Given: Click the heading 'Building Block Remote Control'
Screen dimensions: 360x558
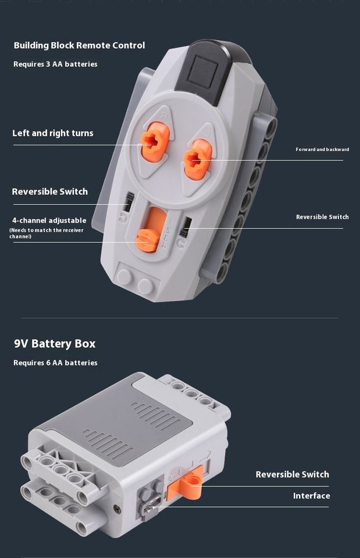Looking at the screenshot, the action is coord(79,45).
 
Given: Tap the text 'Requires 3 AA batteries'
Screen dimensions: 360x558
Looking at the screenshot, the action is coord(55,64).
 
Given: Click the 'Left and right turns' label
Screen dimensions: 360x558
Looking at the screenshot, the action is coord(53,133).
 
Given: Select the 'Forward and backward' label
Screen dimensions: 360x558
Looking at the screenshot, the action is coord(322,149).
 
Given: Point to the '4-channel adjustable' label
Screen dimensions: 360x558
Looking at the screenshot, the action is coord(49,220).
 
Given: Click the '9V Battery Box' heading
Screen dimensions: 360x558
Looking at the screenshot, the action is coord(55,344).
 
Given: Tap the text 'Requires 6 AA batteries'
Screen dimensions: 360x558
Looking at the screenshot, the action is coord(55,363).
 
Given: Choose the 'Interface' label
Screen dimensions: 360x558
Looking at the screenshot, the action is coord(311,496).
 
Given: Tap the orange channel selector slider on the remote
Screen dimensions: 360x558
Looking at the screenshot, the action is coord(149,238).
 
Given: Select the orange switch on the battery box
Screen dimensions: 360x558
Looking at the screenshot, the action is coord(186,482).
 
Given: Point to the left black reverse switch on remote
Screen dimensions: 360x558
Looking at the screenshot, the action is coord(129,201).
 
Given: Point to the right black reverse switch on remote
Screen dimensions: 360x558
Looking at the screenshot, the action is coord(186,227).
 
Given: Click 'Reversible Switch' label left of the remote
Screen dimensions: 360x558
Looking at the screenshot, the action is coord(49,192).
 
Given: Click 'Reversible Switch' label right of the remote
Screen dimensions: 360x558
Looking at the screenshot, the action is coord(322,217).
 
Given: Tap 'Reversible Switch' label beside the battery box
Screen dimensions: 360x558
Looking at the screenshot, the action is coord(292,474).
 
